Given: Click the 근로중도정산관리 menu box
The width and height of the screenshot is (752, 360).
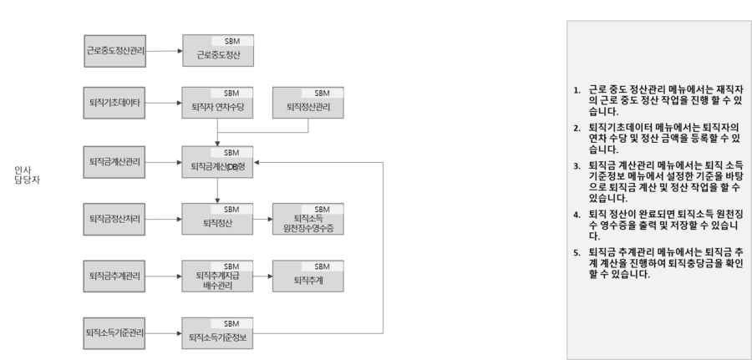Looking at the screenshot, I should pyautogui.click(x=115, y=51).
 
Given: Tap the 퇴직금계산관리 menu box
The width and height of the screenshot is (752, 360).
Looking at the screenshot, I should pyautogui.click(x=115, y=161).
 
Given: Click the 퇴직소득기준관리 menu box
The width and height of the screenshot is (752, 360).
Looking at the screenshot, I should pyautogui.click(x=115, y=333).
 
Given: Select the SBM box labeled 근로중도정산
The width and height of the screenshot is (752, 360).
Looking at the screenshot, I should pyautogui.click(x=218, y=51).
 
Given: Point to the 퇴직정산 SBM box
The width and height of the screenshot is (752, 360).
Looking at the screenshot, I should pyautogui.click(x=218, y=219).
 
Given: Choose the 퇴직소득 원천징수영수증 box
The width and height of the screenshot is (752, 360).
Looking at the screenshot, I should pyautogui.click(x=308, y=219).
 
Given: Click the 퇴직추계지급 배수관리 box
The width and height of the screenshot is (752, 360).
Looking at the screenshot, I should pyautogui.click(x=218, y=276).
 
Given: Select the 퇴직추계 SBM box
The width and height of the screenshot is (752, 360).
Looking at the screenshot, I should pyautogui.click(x=308, y=276).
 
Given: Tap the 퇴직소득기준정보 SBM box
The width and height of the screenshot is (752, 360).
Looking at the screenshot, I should pyautogui.click(x=218, y=333).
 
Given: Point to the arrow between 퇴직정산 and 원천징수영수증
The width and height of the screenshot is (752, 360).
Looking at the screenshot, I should pyautogui.click(x=263, y=221).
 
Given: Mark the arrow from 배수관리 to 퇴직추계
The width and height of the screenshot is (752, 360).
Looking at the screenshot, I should pyautogui.click(x=263, y=277).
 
